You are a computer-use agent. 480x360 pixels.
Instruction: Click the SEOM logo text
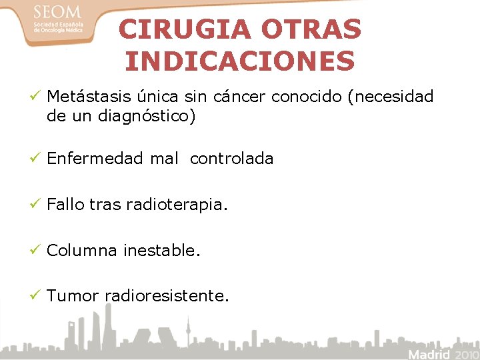pyautogui.click(x=57, y=13)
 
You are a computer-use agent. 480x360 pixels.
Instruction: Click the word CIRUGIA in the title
pyautogui.click(x=186, y=29)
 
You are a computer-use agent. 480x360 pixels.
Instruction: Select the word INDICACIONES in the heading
pyautogui.click(x=240, y=61)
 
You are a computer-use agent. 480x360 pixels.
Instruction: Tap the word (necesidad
pyautogui.click(x=391, y=97)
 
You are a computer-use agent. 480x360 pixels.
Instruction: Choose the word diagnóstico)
pyautogui.click(x=147, y=117)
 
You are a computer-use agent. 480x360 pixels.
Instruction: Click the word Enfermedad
pyautogui.click(x=95, y=159)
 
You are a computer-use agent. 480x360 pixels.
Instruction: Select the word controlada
pyautogui.click(x=231, y=159)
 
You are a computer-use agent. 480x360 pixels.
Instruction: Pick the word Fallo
pyautogui.click(x=65, y=205)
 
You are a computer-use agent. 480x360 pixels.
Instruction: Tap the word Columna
pyautogui.click(x=82, y=251)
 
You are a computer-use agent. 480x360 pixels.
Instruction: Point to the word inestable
pyautogui.click(x=162, y=251)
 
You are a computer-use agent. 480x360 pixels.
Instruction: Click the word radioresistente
pyautogui.click(x=167, y=296)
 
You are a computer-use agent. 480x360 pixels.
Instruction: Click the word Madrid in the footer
pyautogui.click(x=429, y=353)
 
